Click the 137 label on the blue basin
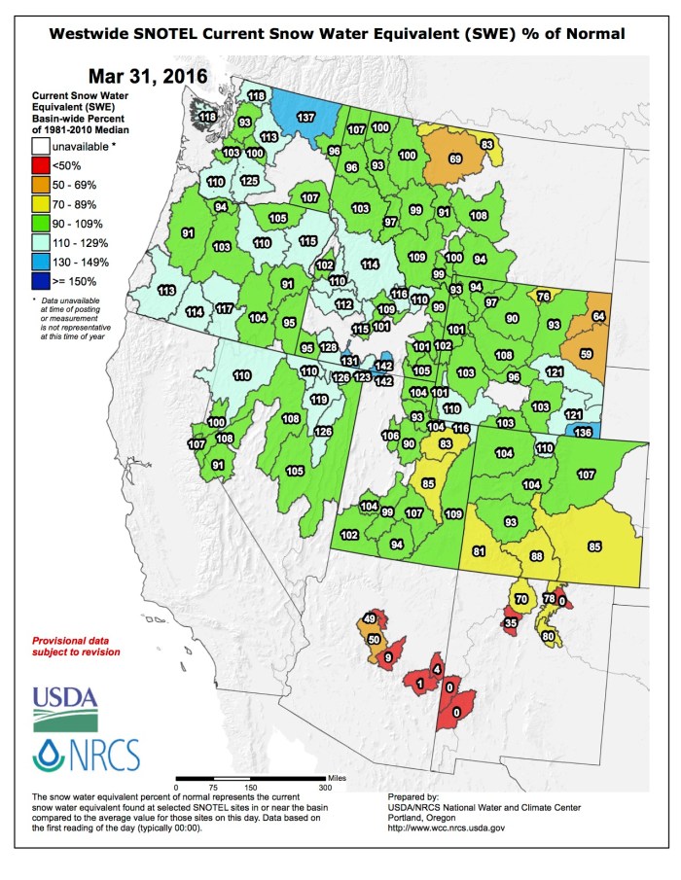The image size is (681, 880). click(305, 118)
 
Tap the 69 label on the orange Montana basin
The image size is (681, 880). click(454, 158)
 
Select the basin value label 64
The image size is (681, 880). click(598, 317)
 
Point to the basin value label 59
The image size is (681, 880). click(587, 354)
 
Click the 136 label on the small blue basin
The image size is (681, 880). click(584, 433)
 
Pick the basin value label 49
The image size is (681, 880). click(369, 618)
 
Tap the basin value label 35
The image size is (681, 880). click(511, 622)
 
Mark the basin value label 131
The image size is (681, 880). click(349, 362)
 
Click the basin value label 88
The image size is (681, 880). click(535, 556)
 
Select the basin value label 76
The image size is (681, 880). click(544, 296)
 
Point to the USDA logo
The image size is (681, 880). click(65, 707)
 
